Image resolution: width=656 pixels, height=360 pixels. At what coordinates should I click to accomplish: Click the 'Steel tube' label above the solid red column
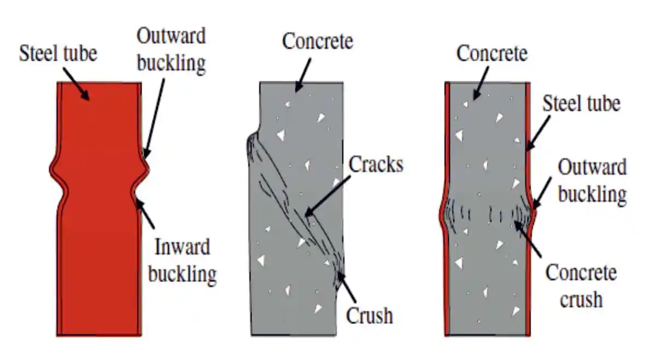point(58,54)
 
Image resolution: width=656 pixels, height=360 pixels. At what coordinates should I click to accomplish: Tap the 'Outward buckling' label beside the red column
point(171,50)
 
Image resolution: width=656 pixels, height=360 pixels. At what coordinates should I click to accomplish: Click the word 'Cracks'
point(376,164)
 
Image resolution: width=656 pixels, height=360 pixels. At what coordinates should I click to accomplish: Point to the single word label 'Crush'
point(370,315)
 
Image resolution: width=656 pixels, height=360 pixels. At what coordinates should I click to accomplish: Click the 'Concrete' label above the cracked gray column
point(318,42)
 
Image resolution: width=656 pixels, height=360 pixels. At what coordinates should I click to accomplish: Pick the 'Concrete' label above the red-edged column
point(492,54)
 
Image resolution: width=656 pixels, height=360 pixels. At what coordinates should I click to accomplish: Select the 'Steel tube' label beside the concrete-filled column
point(581,103)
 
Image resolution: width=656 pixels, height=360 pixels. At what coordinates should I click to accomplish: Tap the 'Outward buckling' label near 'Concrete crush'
point(591,180)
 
